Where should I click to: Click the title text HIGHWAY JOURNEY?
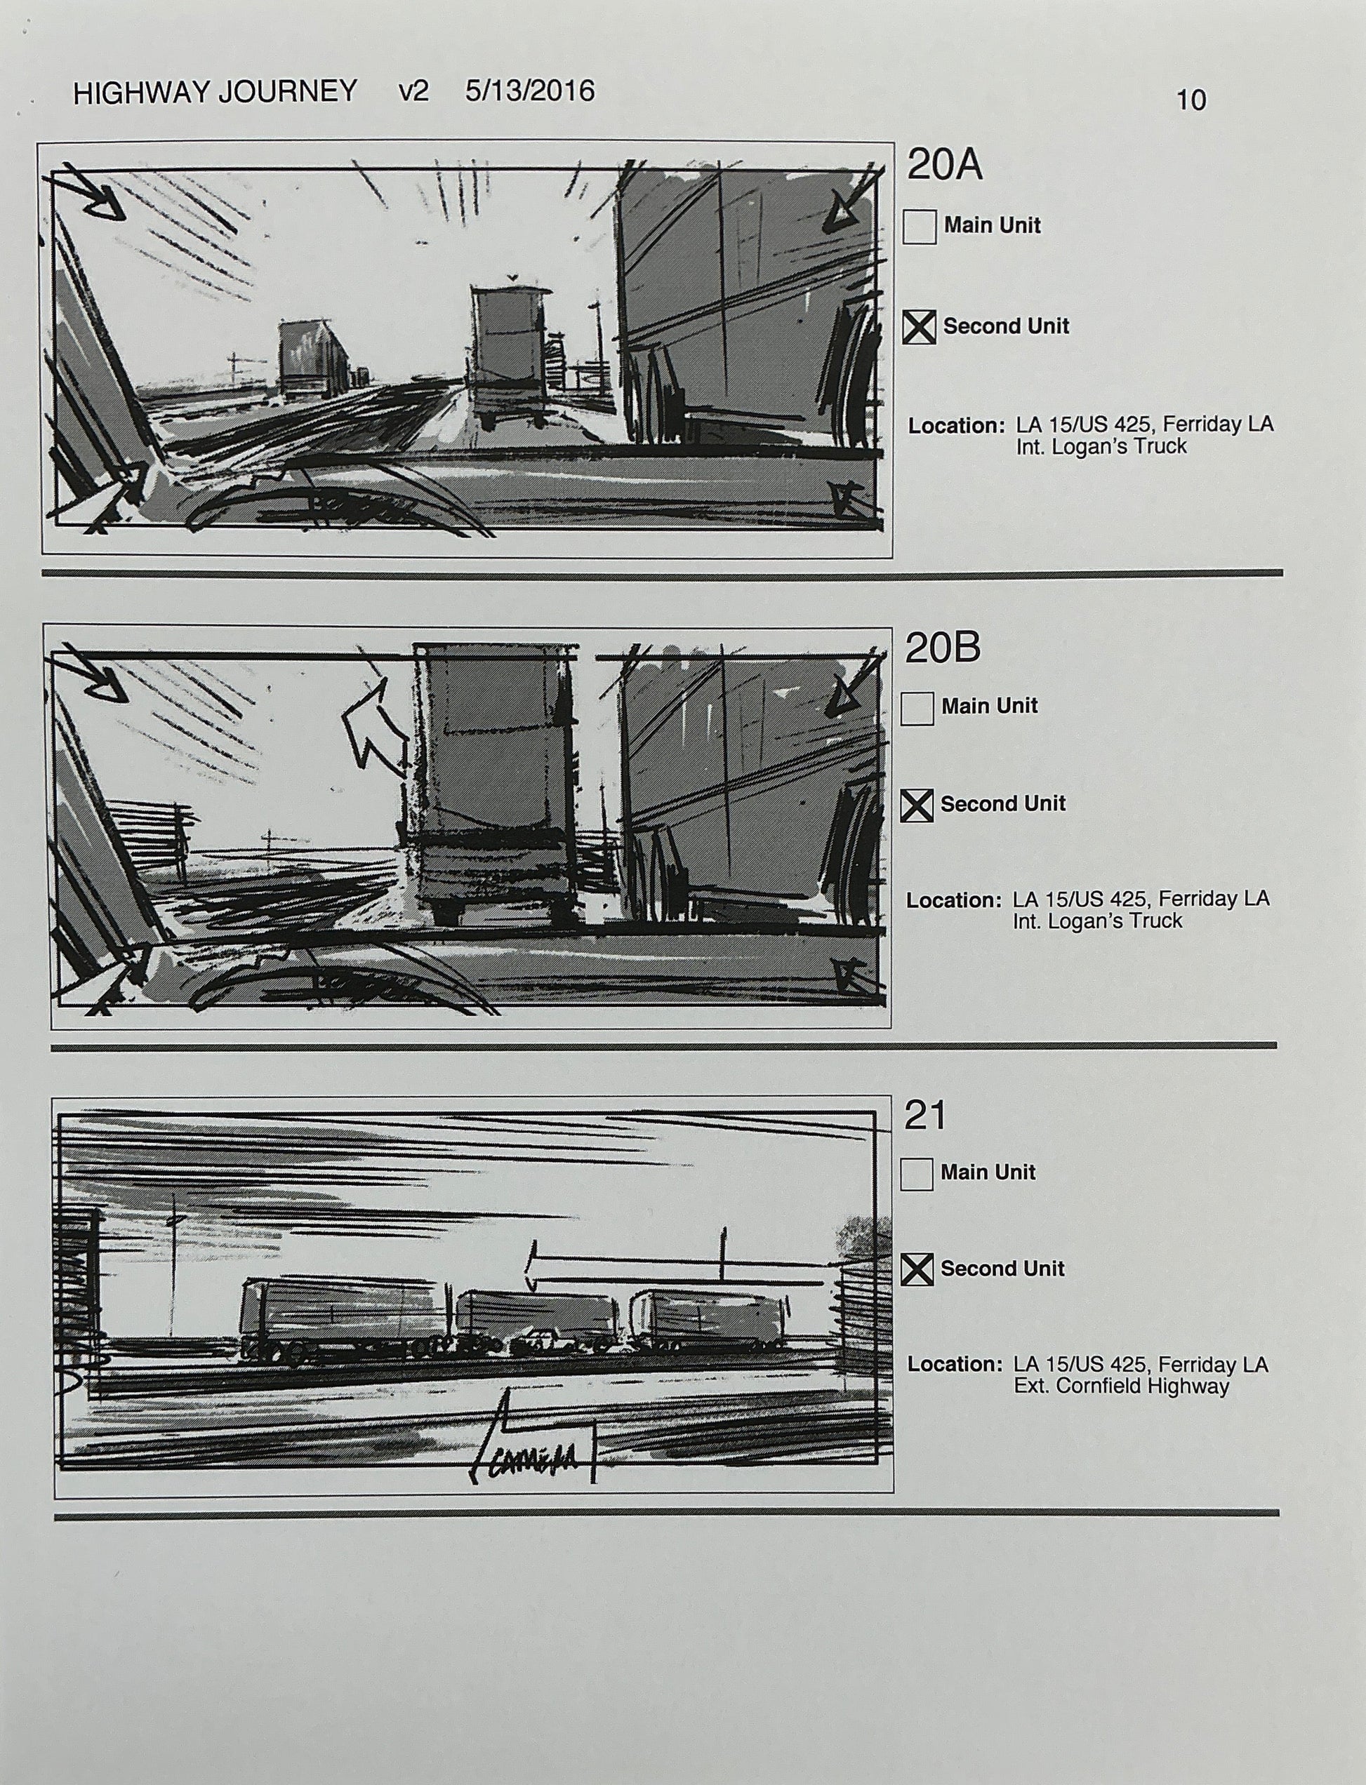(215, 92)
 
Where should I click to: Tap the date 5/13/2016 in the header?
(529, 91)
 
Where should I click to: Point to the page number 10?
(1191, 101)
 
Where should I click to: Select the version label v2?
(413, 91)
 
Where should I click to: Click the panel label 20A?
(944, 166)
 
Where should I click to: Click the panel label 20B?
(943, 648)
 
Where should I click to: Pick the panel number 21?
(925, 1115)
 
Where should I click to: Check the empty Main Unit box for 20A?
(919, 227)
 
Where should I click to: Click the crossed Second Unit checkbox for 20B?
(917, 805)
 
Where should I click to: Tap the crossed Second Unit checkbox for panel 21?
(917, 1270)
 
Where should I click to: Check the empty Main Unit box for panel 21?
(916, 1174)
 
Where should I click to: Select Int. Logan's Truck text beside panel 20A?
(1101, 446)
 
